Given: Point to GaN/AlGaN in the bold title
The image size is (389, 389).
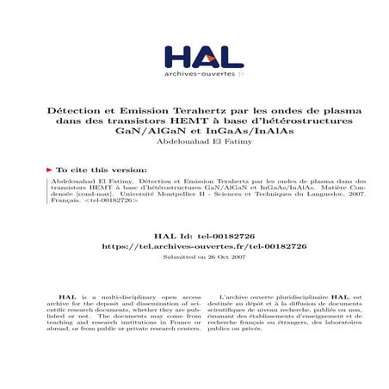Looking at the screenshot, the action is (x=128, y=133).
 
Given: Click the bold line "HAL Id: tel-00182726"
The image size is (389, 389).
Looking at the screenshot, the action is (x=194, y=234).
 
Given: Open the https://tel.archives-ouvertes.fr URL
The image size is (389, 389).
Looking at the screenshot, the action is (x=194, y=245).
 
